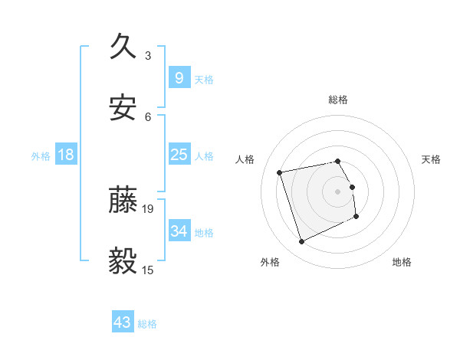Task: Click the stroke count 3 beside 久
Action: (x=148, y=55)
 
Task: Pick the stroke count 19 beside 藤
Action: (x=149, y=208)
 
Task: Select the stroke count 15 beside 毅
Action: (x=149, y=269)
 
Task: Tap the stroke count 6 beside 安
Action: (x=148, y=116)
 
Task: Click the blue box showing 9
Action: (x=179, y=78)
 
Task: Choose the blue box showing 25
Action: (x=179, y=155)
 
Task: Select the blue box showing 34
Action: (x=179, y=231)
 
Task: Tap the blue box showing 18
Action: (x=66, y=155)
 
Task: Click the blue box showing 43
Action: (x=123, y=322)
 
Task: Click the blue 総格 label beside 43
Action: (x=147, y=324)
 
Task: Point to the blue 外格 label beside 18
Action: (x=41, y=156)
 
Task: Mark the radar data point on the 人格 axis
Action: (x=280, y=172)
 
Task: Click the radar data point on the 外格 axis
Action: (x=301, y=242)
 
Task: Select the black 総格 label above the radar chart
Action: (x=338, y=100)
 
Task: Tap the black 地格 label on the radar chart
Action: (x=402, y=263)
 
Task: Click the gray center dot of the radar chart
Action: (x=338, y=191)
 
